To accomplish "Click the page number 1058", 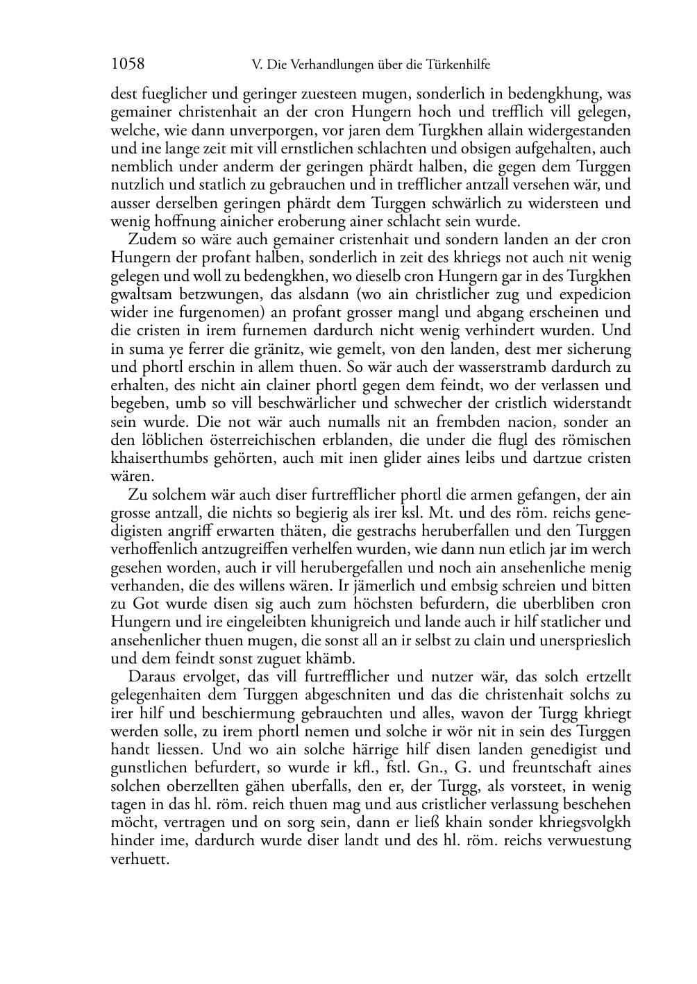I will [128, 65].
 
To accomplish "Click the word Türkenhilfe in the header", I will [459, 65].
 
